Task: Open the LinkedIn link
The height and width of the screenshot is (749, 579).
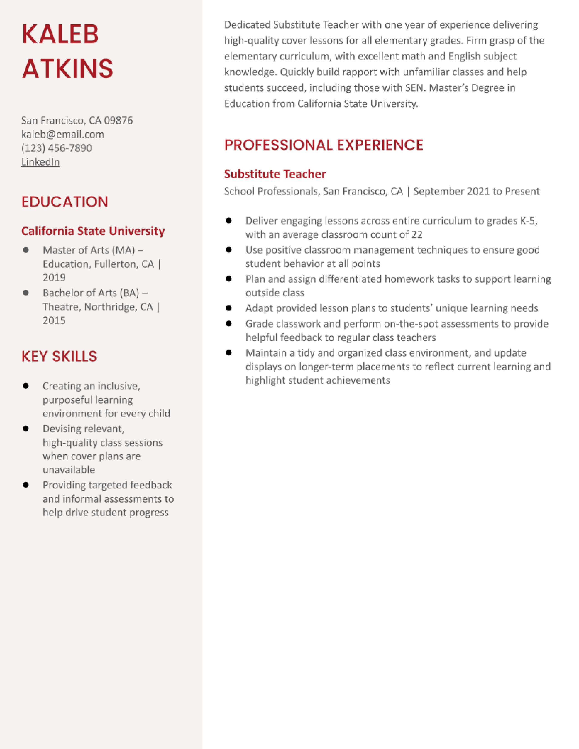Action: click(x=40, y=162)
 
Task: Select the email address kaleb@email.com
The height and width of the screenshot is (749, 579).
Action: click(x=62, y=134)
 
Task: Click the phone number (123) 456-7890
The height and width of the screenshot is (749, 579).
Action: click(x=57, y=148)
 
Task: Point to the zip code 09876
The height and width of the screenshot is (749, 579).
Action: click(x=118, y=120)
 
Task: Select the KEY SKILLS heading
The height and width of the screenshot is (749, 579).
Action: click(x=59, y=356)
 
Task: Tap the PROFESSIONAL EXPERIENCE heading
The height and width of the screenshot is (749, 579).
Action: click(x=324, y=145)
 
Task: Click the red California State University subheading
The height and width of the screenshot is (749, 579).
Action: click(x=93, y=231)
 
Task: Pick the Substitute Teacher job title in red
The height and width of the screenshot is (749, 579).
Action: click(x=275, y=174)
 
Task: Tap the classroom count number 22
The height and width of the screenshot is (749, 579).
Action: click(x=417, y=235)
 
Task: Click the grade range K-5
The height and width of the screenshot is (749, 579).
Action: click(x=528, y=221)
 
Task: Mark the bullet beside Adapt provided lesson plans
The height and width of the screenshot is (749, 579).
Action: click(x=229, y=308)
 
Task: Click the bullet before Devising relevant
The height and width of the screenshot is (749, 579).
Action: click(x=26, y=429)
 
